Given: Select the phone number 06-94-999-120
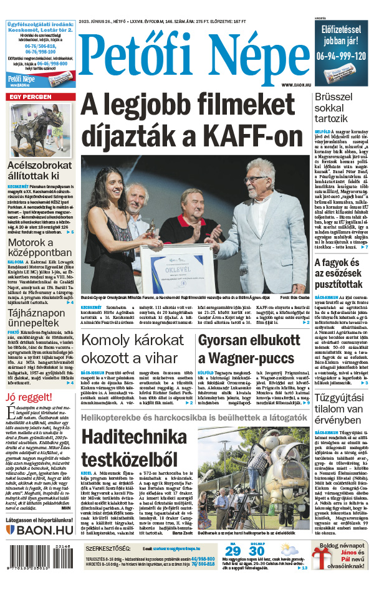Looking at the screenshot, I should [x=341, y=55].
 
